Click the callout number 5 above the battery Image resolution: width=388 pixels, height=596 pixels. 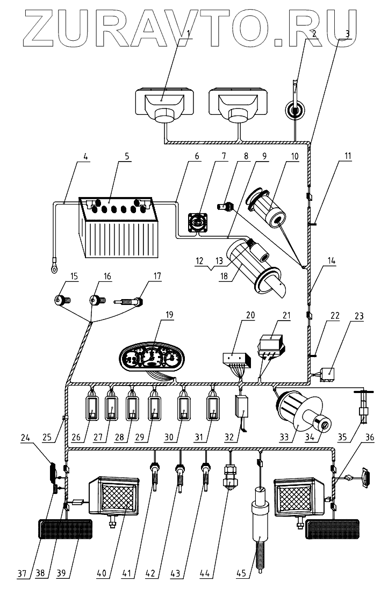tap(127, 156)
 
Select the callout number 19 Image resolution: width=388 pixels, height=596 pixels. tap(169, 315)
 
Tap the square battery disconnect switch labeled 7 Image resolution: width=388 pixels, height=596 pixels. tap(198, 222)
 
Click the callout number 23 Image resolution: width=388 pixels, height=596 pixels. tap(358, 316)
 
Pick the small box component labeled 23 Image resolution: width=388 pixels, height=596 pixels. tap(327, 374)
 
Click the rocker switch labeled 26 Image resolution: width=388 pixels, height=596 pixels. tap(92, 409)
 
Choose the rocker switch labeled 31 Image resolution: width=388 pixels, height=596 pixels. tap(213, 409)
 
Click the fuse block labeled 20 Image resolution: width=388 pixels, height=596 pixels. tap(236, 359)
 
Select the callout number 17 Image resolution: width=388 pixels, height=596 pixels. tap(157, 277)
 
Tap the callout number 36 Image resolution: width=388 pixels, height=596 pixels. tap(369, 437)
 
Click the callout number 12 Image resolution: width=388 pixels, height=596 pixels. tap(200, 261)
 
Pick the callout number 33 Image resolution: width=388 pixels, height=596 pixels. tap(284, 437)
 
